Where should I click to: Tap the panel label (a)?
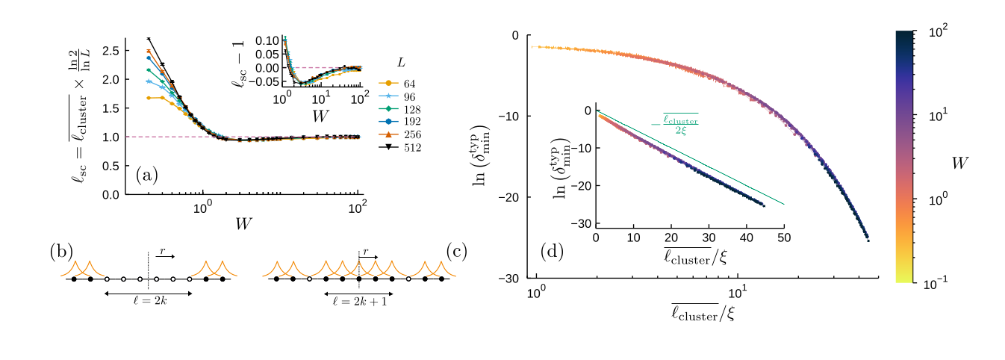point(146,176)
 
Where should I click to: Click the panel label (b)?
point(61,251)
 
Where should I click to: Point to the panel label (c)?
point(456,251)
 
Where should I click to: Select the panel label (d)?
point(552,251)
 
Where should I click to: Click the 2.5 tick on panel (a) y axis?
point(111,51)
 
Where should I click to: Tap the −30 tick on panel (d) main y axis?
point(510,279)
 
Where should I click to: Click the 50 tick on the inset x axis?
point(784,238)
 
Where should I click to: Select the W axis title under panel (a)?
point(243,223)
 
